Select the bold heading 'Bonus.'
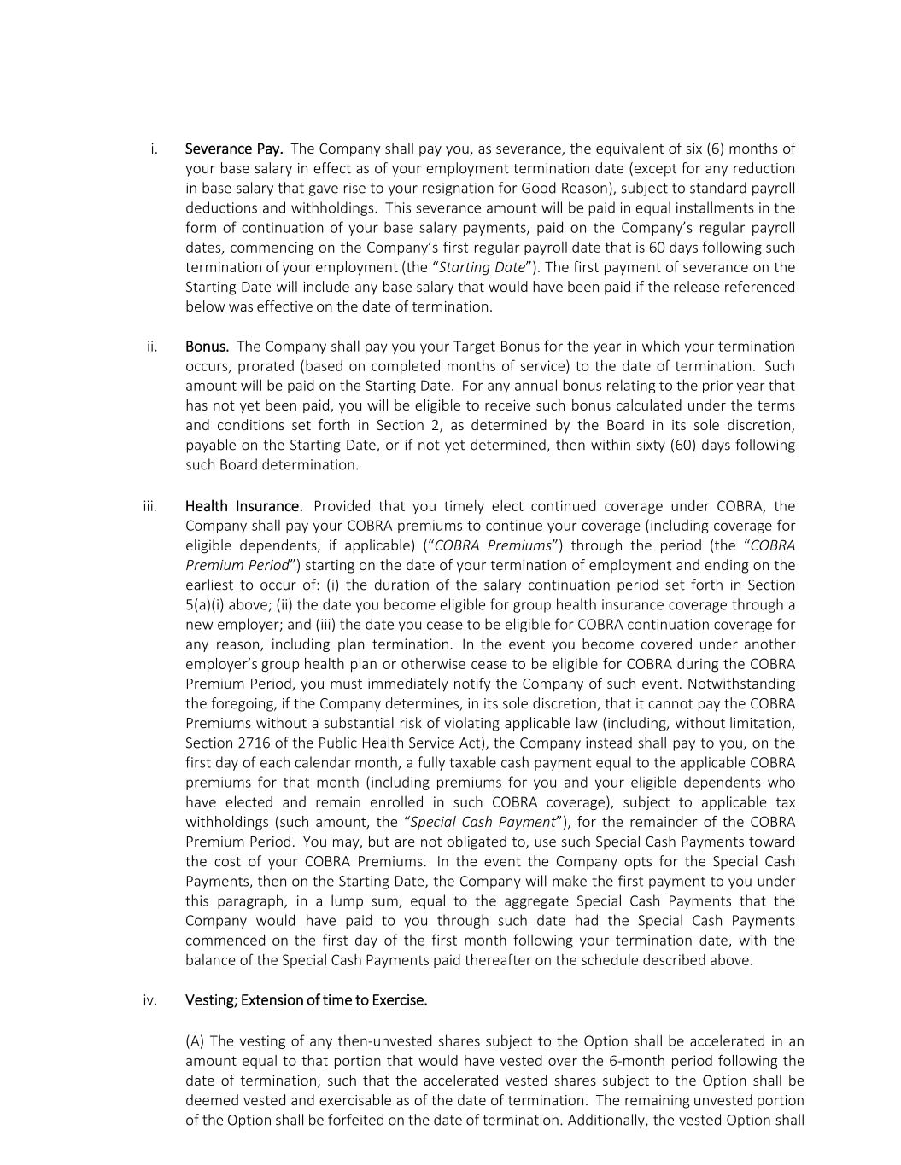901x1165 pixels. click(x=207, y=347)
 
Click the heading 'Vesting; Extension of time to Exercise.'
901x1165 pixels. click(x=306, y=1000)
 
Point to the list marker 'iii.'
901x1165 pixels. click(x=150, y=506)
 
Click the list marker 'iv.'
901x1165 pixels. click(x=150, y=1000)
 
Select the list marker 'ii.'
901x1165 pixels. click(x=152, y=347)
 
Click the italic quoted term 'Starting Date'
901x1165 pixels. click(x=482, y=267)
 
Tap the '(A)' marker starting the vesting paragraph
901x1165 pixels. click(x=196, y=1041)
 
